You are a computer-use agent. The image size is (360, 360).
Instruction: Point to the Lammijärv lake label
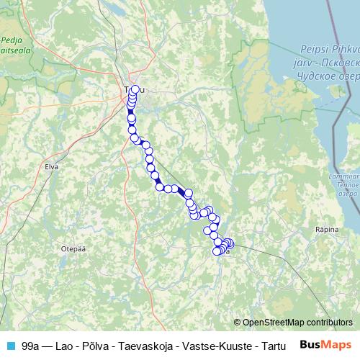click(x=346, y=175)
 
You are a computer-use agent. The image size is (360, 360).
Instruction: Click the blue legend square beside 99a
click(x=10, y=346)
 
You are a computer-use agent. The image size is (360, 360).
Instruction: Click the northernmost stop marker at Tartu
click(x=135, y=90)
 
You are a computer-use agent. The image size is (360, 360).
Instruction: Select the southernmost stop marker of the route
click(x=217, y=251)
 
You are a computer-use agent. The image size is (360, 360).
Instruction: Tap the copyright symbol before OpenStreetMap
click(x=238, y=323)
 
